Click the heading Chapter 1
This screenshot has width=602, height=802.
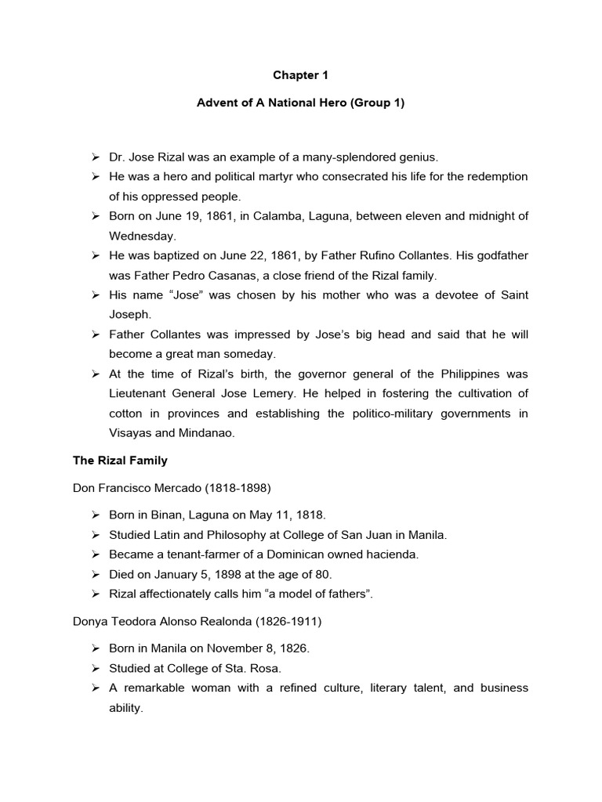(x=300, y=75)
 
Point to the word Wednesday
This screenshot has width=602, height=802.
(x=142, y=236)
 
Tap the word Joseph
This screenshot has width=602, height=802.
(x=129, y=314)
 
